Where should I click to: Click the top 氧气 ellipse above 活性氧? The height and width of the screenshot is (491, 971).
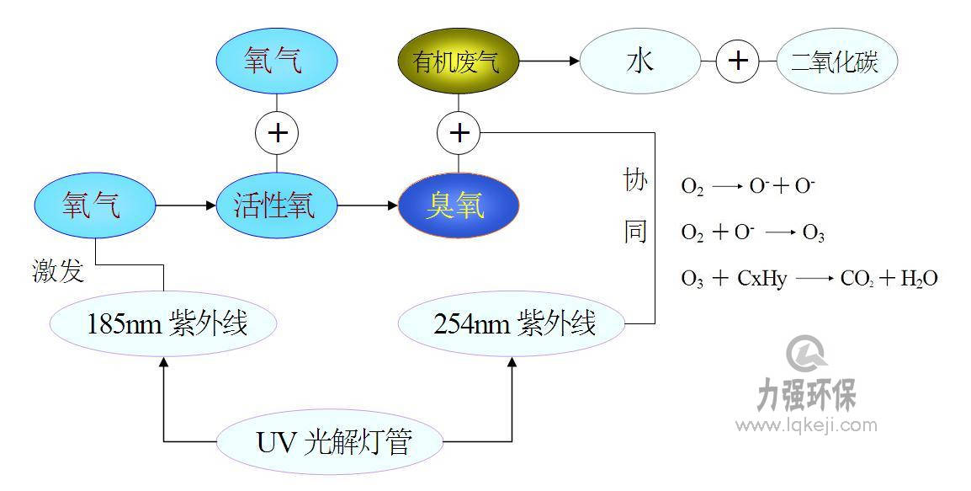tap(277, 62)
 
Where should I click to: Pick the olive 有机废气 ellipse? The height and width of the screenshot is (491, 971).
tap(459, 61)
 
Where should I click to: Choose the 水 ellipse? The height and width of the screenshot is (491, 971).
tap(640, 61)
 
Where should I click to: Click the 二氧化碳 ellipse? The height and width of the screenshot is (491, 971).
tap(836, 61)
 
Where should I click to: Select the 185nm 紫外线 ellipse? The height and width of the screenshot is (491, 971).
tap(164, 324)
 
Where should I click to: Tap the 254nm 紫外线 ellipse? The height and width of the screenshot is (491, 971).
tap(512, 324)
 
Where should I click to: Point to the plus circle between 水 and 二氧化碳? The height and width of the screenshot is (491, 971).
tap(738, 61)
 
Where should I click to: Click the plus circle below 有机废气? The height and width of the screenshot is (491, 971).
tap(459, 133)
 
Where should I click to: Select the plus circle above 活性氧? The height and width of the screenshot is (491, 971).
tap(277, 133)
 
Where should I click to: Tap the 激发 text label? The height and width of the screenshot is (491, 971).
tap(58, 271)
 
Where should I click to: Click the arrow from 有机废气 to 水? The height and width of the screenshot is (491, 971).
tap(549, 61)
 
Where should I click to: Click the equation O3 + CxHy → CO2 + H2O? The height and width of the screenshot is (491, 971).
tap(809, 279)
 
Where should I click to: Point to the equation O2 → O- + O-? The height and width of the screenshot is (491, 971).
tap(748, 187)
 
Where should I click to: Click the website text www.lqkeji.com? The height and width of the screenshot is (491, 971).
tap(806, 426)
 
